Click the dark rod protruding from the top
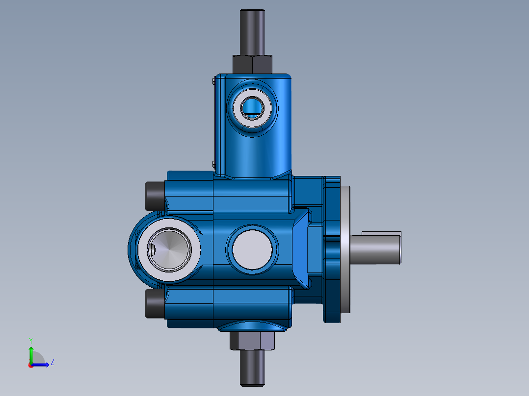(x=252, y=32)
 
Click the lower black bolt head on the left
(x=153, y=304)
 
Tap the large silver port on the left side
(x=169, y=250)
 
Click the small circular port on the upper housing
(x=253, y=106)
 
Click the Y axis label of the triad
(x=30, y=340)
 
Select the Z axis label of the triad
(x=52, y=362)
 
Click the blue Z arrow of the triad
(x=43, y=364)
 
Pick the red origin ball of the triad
(x=30, y=365)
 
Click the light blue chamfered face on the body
(x=302, y=249)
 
